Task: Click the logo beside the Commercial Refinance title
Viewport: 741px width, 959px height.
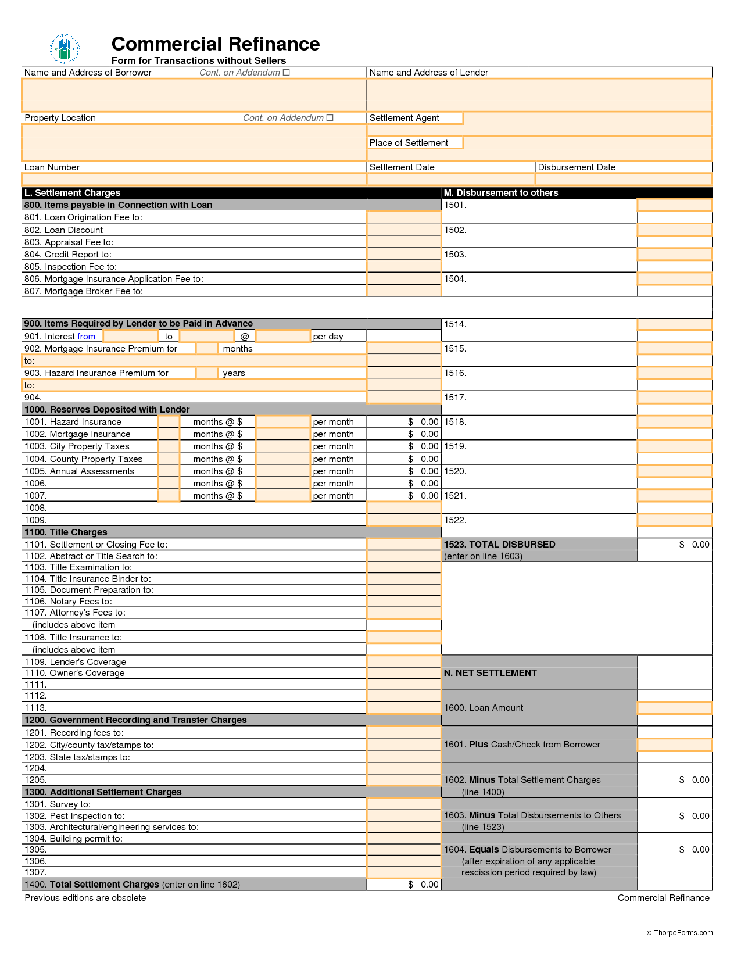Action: tap(65, 49)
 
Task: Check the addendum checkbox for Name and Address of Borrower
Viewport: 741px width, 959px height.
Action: tap(286, 73)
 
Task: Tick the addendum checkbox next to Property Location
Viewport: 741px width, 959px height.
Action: tap(330, 118)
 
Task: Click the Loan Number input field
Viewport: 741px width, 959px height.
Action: tap(194, 179)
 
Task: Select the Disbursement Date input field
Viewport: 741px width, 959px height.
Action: tap(623, 179)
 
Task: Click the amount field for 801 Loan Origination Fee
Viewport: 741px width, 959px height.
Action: tap(404, 217)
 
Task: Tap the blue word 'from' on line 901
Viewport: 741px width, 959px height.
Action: tap(86, 337)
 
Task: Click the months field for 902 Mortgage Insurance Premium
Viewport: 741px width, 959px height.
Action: tap(207, 349)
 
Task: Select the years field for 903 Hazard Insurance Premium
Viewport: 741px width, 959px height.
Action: tap(207, 373)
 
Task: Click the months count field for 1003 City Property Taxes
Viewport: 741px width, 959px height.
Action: tap(169, 446)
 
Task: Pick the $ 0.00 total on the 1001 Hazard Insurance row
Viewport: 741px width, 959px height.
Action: tap(424, 422)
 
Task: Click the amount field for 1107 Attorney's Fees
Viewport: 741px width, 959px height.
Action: tap(404, 613)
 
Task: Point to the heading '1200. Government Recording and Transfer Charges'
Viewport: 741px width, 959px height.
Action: tap(135, 720)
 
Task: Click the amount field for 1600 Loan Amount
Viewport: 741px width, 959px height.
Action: tap(674, 708)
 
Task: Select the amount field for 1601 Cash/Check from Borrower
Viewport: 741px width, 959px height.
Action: tap(674, 745)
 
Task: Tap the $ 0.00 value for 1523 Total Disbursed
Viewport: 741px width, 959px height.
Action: tap(695, 545)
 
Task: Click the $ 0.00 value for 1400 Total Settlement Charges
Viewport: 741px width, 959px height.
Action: tap(424, 885)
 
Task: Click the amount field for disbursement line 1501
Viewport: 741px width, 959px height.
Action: tap(674, 205)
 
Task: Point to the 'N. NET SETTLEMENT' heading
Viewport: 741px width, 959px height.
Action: tap(491, 673)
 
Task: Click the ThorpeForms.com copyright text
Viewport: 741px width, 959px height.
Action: tap(679, 933)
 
